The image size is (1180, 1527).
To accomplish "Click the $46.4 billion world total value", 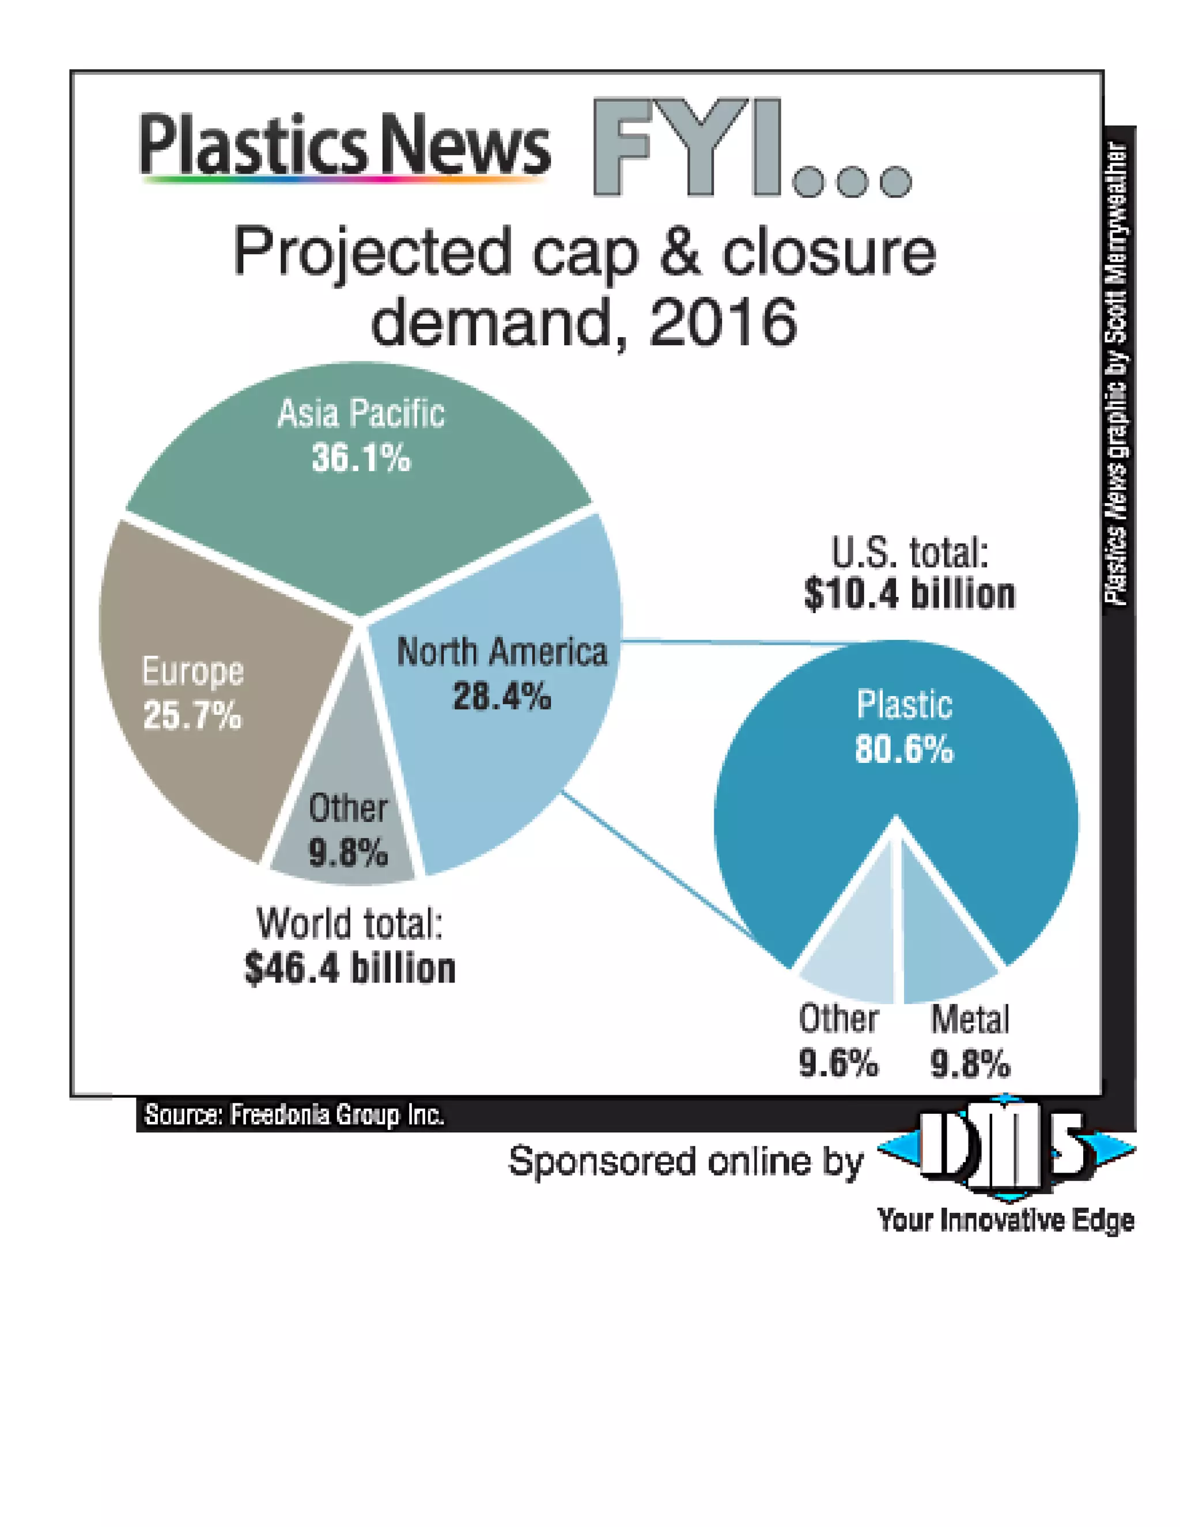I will click(x=350, y=969).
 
